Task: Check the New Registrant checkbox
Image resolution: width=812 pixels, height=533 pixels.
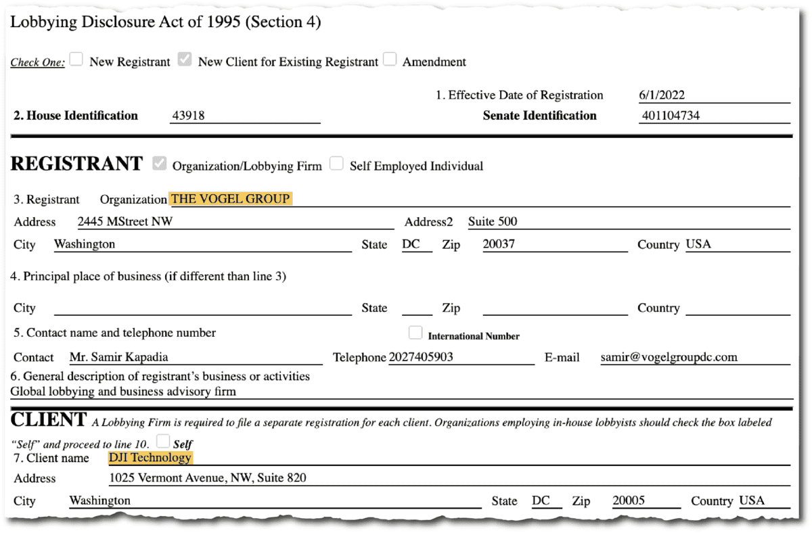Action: (76, 60)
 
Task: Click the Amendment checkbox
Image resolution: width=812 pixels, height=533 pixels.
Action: (389, 60)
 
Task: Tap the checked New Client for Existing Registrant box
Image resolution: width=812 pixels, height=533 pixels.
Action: (185, 60)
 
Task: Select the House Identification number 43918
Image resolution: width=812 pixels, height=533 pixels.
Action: (188, 116)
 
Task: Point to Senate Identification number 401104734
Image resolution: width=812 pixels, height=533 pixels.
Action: (670, 116)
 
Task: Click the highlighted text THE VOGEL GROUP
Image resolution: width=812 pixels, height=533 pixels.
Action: (231, 199)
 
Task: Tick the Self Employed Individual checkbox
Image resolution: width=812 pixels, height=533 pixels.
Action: (336, 164)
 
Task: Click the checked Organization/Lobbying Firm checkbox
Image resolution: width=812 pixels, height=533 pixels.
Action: (160, 164)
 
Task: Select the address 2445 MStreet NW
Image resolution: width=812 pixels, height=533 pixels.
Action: (125, 221)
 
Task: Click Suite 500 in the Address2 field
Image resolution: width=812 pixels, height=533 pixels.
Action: (493, 221)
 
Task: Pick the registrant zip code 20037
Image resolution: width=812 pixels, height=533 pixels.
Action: (499, 244)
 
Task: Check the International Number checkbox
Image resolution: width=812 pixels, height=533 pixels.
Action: (415, 333)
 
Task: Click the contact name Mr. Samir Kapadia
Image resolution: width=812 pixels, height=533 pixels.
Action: (119, 357)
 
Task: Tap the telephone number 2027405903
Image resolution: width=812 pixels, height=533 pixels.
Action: (421, 357)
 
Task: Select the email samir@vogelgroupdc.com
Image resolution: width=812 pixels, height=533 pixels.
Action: (669, 357)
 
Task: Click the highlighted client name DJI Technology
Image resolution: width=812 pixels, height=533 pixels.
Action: (150, 458)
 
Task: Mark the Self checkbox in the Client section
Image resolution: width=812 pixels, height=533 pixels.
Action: (162, 442)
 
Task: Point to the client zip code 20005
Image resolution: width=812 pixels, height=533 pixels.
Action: (629, 501)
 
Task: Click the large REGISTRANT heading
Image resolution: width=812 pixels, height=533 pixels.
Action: (77, 164)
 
